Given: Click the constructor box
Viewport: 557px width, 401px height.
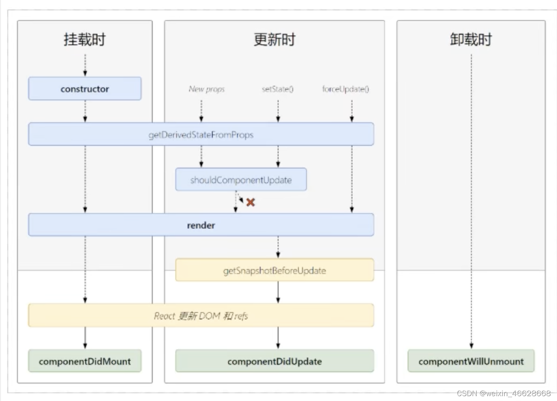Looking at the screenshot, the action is point(85,89).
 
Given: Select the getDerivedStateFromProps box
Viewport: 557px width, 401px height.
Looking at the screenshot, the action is point(201,134).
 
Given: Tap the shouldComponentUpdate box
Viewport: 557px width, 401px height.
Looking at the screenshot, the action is point(241,179).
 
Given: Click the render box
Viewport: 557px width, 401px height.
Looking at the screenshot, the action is point(201,224).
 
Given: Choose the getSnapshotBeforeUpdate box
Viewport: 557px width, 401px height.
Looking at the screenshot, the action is point(274,270).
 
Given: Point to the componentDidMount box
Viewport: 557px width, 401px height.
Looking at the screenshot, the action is point(85,361).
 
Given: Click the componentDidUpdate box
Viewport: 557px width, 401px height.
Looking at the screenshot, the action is point(274,361).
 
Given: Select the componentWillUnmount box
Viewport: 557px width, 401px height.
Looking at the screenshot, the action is point(471,361).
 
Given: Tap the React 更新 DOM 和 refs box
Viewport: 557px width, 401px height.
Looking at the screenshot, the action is point(201,315).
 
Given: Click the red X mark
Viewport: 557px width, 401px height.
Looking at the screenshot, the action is point(251,202).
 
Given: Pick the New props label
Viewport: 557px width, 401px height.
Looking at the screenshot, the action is point(207,89).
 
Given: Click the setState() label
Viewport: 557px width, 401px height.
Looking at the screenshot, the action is point(278,89).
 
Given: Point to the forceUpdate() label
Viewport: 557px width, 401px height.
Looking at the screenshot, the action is point(346,89).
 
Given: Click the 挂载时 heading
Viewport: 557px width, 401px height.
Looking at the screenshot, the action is point(85,39).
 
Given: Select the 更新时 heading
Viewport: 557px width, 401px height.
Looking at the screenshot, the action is point(274,39).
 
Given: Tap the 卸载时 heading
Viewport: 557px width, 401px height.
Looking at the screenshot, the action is point(471,39).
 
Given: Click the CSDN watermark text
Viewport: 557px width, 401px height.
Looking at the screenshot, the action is point(504,393).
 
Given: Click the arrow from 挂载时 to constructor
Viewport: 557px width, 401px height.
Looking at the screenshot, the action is point(85,65).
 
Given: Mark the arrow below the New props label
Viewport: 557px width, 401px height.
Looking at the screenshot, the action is point(201,111).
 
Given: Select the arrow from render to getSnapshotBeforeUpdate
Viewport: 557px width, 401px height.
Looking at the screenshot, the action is point(278,247).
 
